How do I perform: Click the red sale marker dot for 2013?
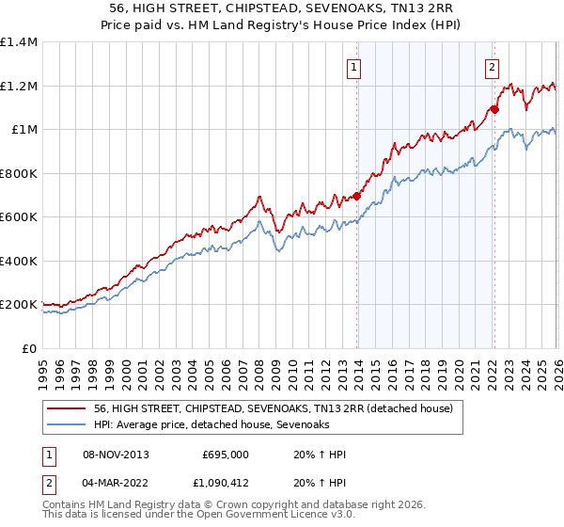[357, 197]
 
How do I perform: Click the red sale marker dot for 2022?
[494, 110]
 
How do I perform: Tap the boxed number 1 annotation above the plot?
[353, 67]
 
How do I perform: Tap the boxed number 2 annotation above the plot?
[491, 67]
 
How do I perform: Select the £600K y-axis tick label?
[19, 217]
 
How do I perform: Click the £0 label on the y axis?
[29, 348]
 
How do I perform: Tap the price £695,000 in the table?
[225, 455]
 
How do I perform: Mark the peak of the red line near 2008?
[258, 197]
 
